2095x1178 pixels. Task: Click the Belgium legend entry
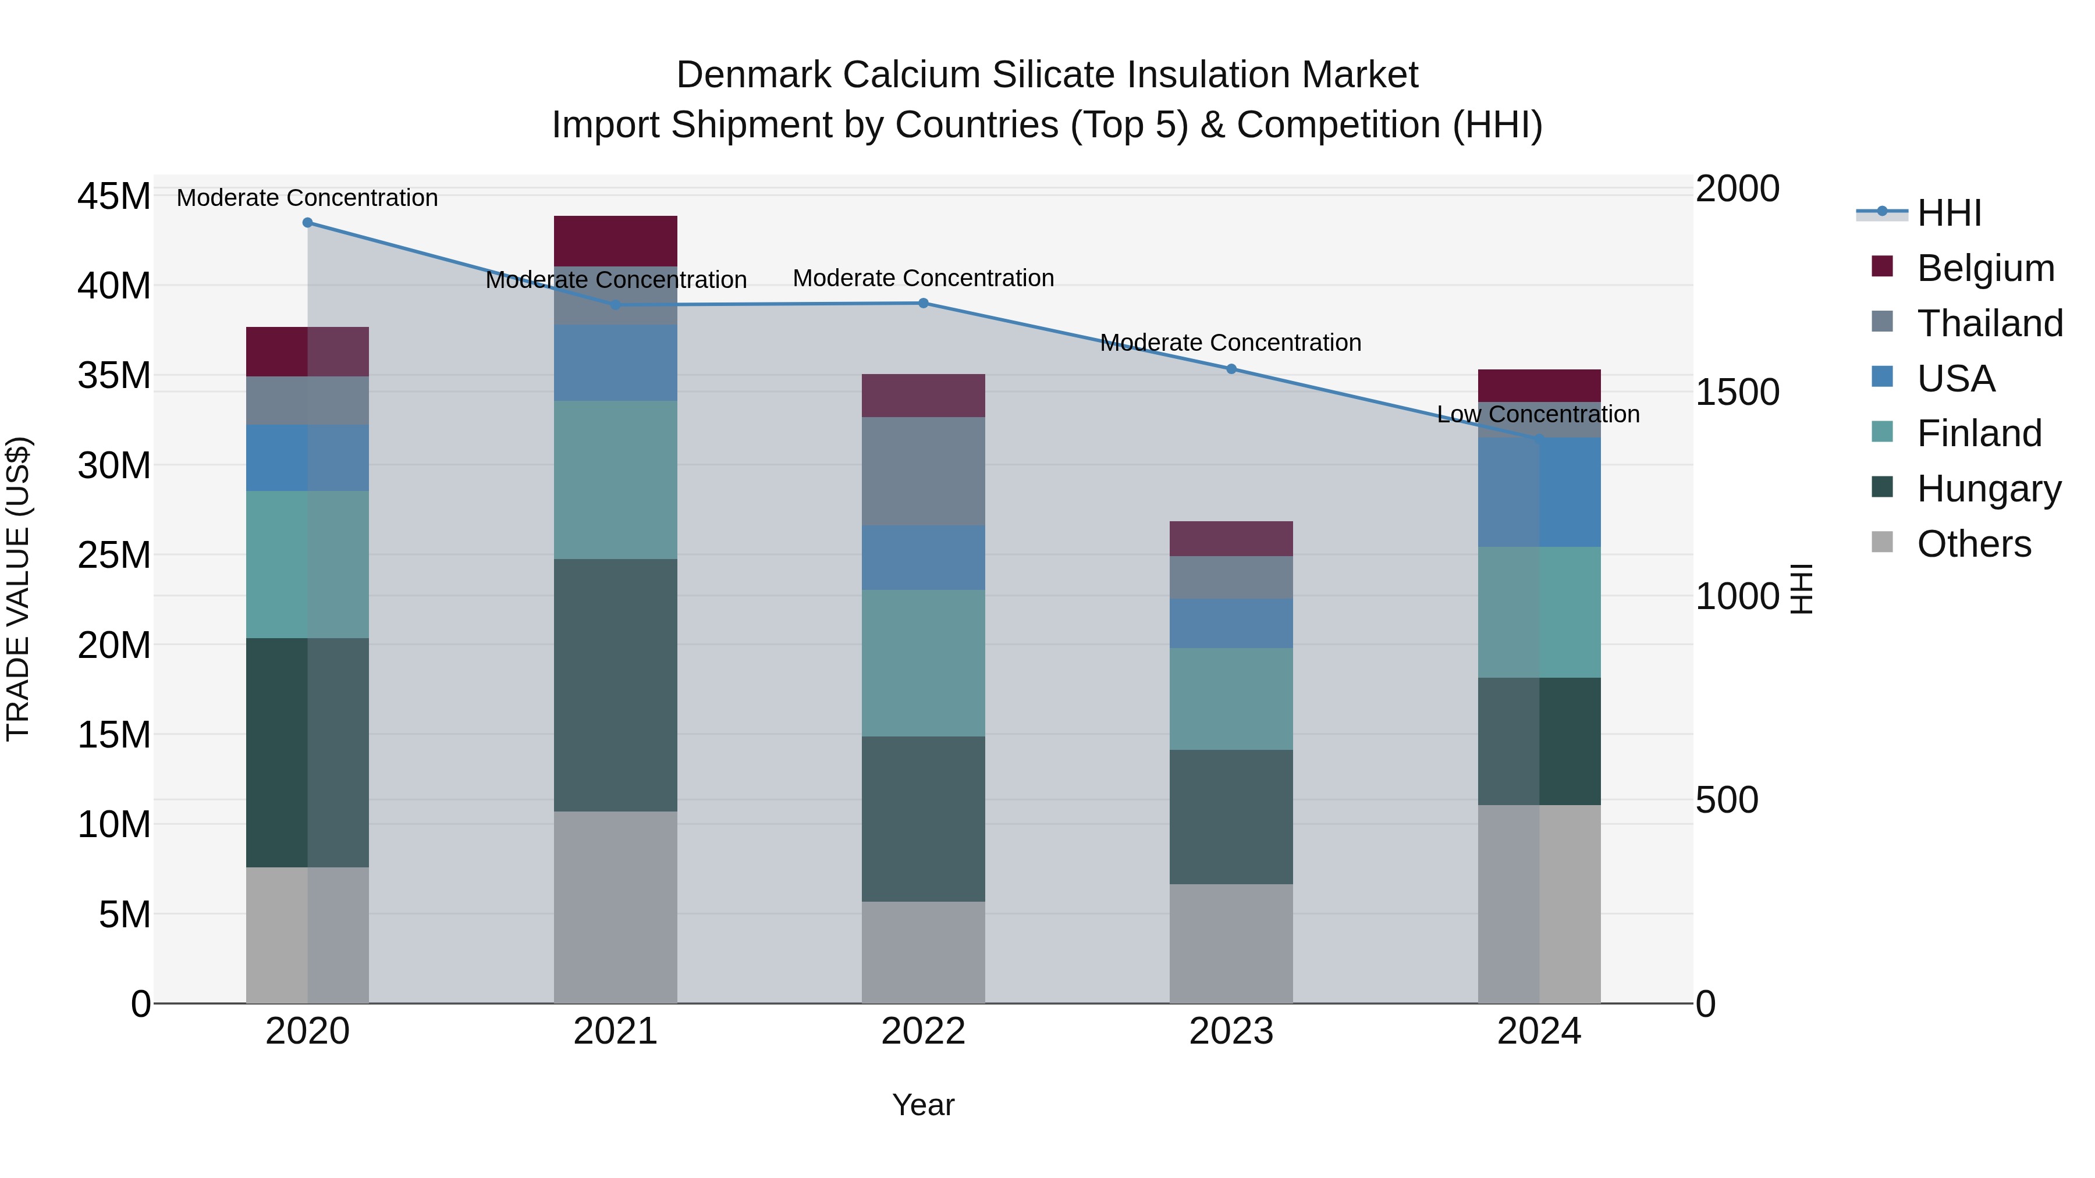click(1985, 268)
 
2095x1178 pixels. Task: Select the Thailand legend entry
click(1989, 323)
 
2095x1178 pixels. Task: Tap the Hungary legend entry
click(1989, 489)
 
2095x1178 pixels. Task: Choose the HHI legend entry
click(1948, 213)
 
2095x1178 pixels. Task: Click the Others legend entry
click(1974, 544)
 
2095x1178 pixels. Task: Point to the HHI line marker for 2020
click(307, 223)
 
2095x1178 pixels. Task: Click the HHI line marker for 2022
click(923, 303)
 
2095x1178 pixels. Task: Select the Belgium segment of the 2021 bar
click(616, 241)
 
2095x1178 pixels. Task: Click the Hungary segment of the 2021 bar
click(616, 685)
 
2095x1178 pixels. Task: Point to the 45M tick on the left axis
click(114, 197)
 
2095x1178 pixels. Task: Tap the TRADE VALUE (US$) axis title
click(18, 589)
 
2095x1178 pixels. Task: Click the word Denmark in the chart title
click(753, 75)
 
